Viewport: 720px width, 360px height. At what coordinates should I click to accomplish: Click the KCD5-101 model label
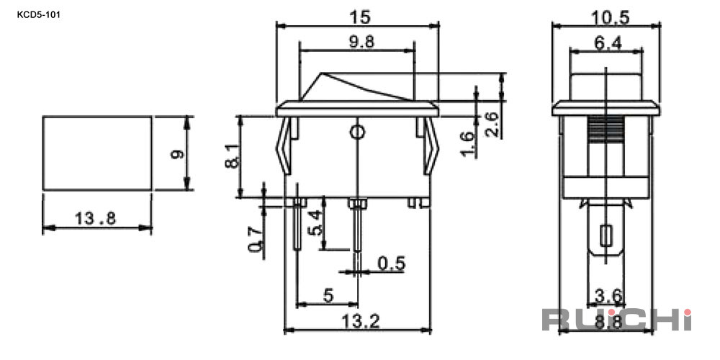tap(39, 14)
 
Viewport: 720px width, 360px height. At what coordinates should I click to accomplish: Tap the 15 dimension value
tap(359, 17)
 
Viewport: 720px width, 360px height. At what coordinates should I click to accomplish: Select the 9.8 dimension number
tap(362, 42)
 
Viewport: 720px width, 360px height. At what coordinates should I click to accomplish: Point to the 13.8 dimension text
tap(96, 219)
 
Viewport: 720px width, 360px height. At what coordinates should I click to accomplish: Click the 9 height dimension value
tap(177, 154)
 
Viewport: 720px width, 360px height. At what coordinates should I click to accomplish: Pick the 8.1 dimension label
tap(233, 156)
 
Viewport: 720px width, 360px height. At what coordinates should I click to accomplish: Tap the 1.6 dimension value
tap(467, 144)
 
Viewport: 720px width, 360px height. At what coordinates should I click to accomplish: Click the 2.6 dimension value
tap(492, 125)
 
